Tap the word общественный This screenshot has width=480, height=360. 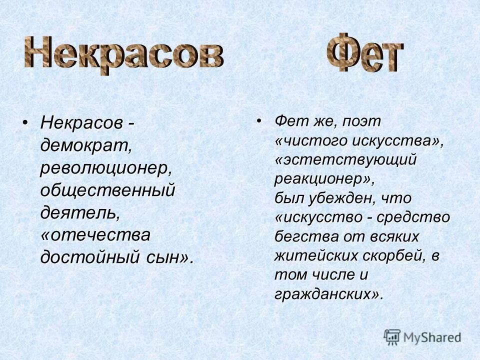(x=108, y=190)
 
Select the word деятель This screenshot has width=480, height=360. (x=80, y=213)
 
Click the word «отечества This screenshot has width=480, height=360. (x=95, y=235)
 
